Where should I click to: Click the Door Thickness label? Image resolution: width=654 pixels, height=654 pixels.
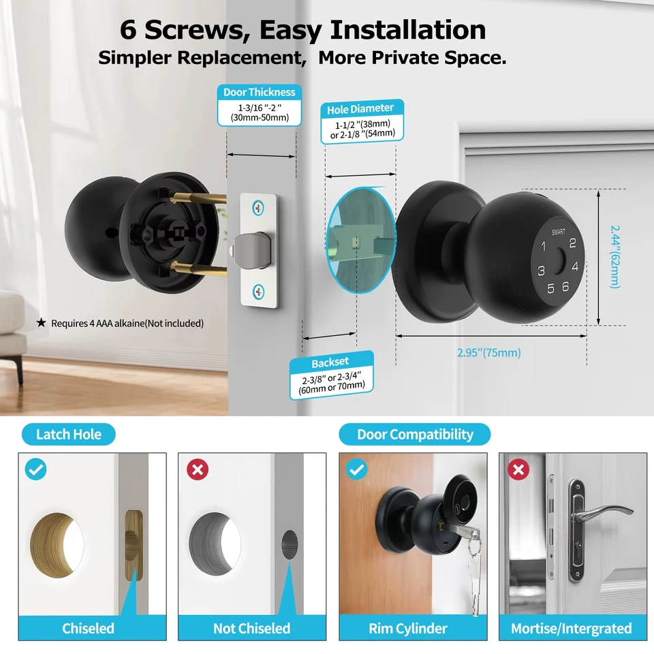[260, 92]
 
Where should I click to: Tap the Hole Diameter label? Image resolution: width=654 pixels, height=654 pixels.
[360, 108]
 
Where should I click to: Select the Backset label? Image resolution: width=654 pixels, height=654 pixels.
[330, 362]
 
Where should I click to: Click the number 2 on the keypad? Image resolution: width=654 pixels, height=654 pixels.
[573, 243]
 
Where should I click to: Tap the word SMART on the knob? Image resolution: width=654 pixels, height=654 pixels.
[559, 232]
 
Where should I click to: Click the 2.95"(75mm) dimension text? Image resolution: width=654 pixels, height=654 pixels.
[488, 352]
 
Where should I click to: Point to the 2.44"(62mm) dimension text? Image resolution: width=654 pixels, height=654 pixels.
[615, 257]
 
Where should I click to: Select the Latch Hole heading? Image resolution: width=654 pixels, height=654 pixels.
[68, 434]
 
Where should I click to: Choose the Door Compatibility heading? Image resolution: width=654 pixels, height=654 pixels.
[415, 434]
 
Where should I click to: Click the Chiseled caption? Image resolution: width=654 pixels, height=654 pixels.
[89, 628]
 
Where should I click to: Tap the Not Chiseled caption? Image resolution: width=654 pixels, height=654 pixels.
[251, 628]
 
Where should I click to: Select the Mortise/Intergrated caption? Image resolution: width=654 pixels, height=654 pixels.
[572, 628]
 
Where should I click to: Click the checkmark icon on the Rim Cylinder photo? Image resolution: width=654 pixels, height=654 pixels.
[357, 469]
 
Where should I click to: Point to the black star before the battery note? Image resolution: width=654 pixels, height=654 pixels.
[41, 323]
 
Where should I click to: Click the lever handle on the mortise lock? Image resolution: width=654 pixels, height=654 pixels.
[604, 512]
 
